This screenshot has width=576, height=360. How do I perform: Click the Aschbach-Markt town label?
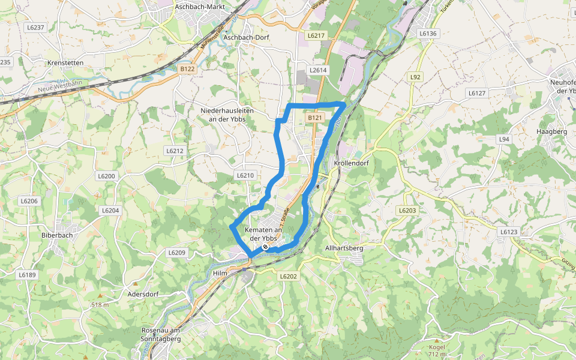pyautogui.click(x=200, y=7)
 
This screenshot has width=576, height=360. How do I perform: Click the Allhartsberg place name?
pyautogui.click(x=344, y=248)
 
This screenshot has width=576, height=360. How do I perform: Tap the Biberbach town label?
pyautogui.click(x=57, y=235)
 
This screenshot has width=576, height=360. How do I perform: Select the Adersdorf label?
pyautogui.click(x=143, y=295)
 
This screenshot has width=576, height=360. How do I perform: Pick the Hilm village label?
pyautogui.click(x=221, y=273)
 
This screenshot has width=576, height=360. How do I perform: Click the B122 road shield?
pyautogui.click(x=187, y=69)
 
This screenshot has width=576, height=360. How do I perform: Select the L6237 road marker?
pyautogui.click(x=36, y=28)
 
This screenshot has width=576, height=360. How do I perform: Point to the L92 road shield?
pyautogui.click(x=415, y=77)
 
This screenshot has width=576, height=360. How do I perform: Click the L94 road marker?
pyautogui.click(x=504, y=139)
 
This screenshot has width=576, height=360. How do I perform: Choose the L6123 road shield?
pyautogui.click(x=508, y=231)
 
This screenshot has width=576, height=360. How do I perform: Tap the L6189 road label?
pyautogui.click(x=27, y=274)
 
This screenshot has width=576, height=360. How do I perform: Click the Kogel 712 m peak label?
pyautogui.click(x=437, y=351)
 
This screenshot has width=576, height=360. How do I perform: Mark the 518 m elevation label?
pyautogui.click(x=100, y=305)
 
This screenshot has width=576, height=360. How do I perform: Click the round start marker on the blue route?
pyautogui.click(x=265, y=247)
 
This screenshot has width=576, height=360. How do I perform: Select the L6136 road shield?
pyautogui.click(x=427, y=34)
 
